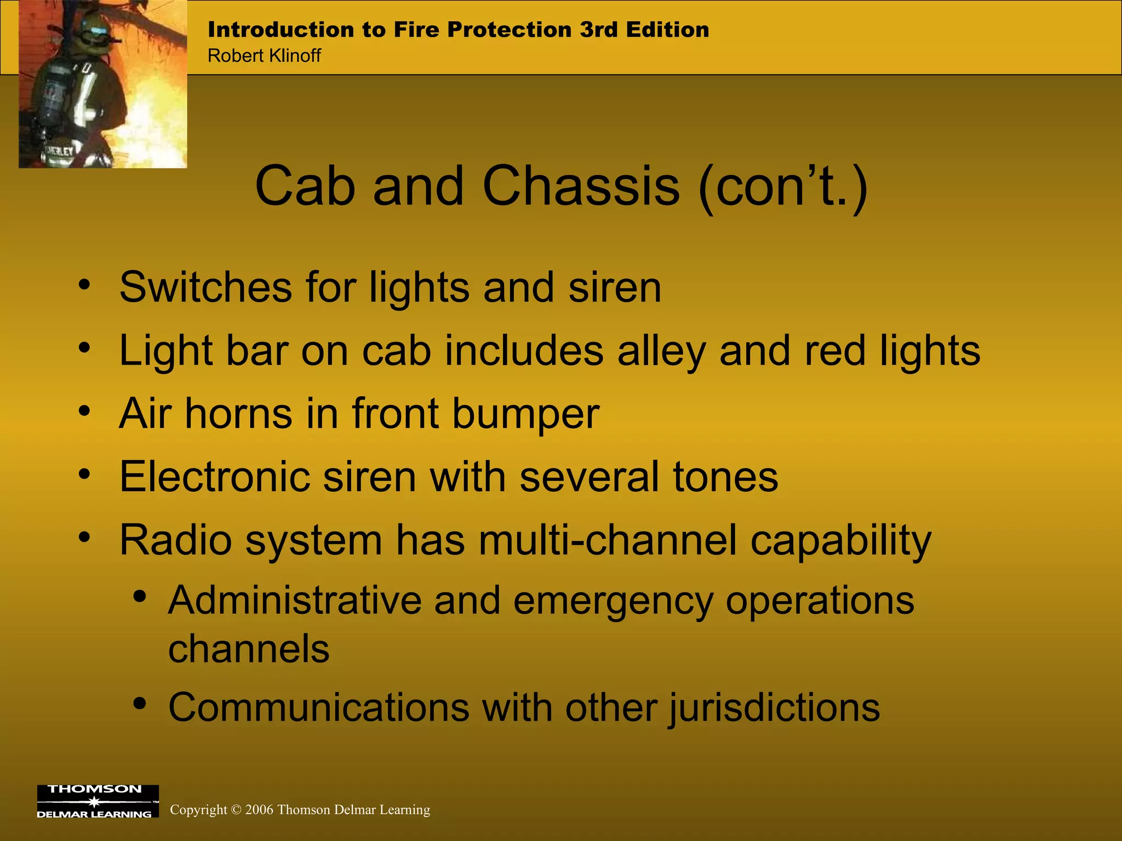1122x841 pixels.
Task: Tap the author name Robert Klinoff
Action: point(264,56)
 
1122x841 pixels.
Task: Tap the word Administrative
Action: point(295,601)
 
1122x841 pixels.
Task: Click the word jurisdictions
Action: point(774,707)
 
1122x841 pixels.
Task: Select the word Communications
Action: point(318,707)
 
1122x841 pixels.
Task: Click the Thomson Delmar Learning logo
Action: point(98,801)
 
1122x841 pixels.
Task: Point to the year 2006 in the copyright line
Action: point(259,810)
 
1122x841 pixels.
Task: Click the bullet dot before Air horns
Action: point(84,411)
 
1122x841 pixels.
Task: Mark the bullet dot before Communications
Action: point(140,704)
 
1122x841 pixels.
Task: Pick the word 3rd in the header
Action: point(599,30)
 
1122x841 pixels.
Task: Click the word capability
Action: point(840,541)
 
